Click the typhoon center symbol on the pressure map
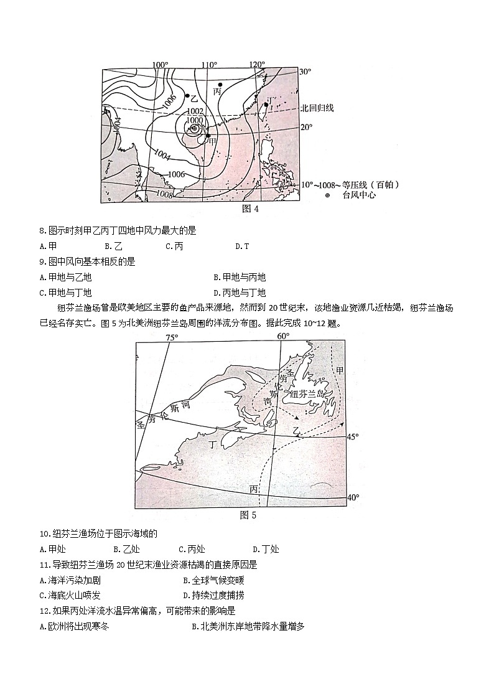[195, 128]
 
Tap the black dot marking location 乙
[187, 96]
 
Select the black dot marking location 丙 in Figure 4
[220, 84]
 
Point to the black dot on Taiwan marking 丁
[266, 105]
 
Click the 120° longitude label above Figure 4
[256, 65]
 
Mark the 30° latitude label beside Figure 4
[305, 72]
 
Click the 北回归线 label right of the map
[317, 108]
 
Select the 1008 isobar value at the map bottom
[165, 194]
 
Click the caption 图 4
[249, 209]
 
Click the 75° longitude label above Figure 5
[172, 337]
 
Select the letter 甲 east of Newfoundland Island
[339, 371]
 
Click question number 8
[42, 231]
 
